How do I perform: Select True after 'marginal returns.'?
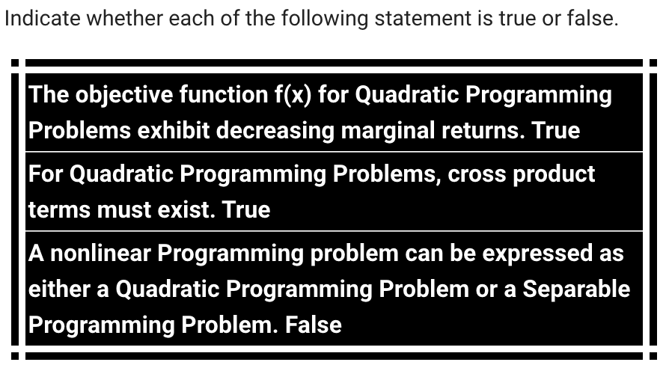(x=556, y=130)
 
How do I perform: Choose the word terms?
(x=58, y=209)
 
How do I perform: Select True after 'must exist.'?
(x=246, y=209)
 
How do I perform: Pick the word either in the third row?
(x=61, y=289)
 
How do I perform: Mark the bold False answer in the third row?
(x=314, y=325)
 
